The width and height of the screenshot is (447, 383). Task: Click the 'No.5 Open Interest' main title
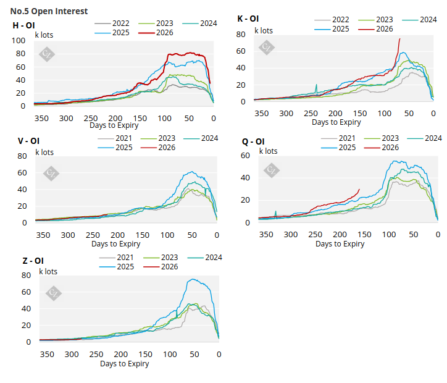pyautogui.click(x=49, y=11)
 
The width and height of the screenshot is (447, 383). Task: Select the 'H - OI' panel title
pyautogui.click(x=23, y=25)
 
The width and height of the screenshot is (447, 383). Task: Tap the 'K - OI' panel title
pyautogui.click(x=248, y=19)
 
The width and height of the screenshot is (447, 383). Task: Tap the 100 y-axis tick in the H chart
pyautogui.click(x=19, y=41)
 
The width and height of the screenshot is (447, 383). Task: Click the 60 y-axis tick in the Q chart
pyautogui.click(x=245, y=156)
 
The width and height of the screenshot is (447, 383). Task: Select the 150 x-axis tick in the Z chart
pyautogui.click(x=144, y=355)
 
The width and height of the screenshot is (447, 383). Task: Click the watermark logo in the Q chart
pyautogui.click(x=270, y=169)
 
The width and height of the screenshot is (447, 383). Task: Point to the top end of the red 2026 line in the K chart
pyautogui.click(x=399, y=39)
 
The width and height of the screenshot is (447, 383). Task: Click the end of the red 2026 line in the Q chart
pyautogui.click(x=359, y=189)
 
